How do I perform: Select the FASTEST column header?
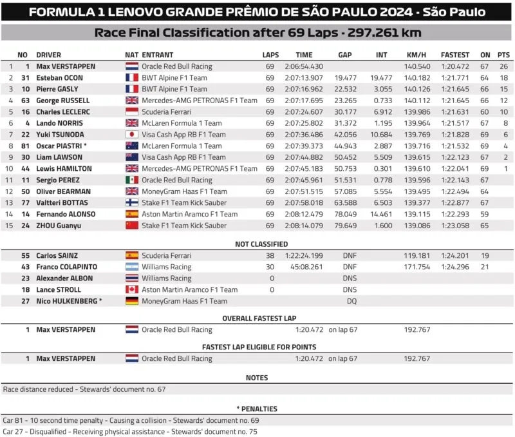point(454,55)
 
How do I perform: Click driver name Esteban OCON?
point(59,78)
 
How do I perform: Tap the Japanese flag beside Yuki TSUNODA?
point(131,135)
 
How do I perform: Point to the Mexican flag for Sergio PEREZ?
point(131,180)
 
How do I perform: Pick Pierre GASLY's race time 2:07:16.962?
point(303,89)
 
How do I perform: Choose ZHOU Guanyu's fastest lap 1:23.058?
point(454,226)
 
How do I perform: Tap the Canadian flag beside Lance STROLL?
point(131,290)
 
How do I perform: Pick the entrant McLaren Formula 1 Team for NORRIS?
point(182,123)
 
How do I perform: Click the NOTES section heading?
point(257,378)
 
